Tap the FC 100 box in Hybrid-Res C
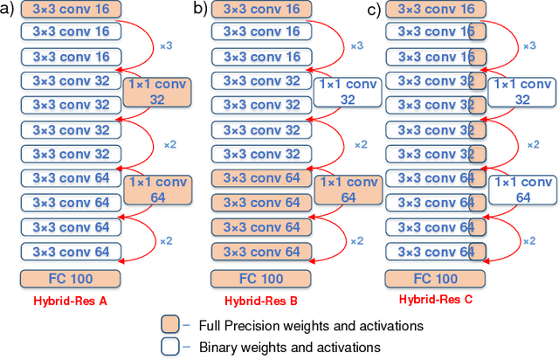tap(435, 280)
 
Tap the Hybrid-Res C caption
tap(435, 300)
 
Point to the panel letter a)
tap(9, 10)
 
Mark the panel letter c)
tap(374, 10)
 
